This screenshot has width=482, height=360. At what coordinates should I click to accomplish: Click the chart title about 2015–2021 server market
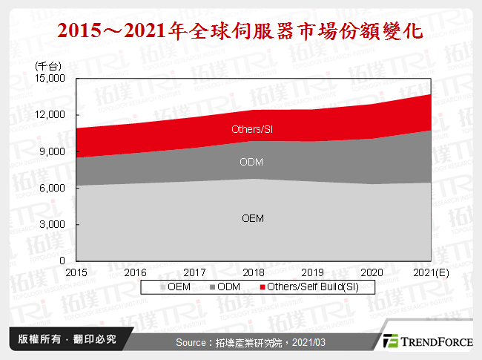[240, 32]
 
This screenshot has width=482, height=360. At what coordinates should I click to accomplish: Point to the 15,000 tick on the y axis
[51, 78]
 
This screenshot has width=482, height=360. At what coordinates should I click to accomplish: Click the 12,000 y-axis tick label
[51, 114]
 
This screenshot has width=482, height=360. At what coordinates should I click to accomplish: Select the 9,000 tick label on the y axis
[53, 151]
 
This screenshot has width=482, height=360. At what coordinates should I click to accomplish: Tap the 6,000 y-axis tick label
[53, 188]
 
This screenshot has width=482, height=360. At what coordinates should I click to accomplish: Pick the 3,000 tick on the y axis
[53, 224]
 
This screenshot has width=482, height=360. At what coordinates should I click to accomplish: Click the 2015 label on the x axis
[76, 272]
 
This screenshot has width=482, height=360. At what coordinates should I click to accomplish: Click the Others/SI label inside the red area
[252, 130]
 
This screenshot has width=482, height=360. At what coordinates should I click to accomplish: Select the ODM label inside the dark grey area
[252, 163]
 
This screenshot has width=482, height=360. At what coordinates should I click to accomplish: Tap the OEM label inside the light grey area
[253, 218]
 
